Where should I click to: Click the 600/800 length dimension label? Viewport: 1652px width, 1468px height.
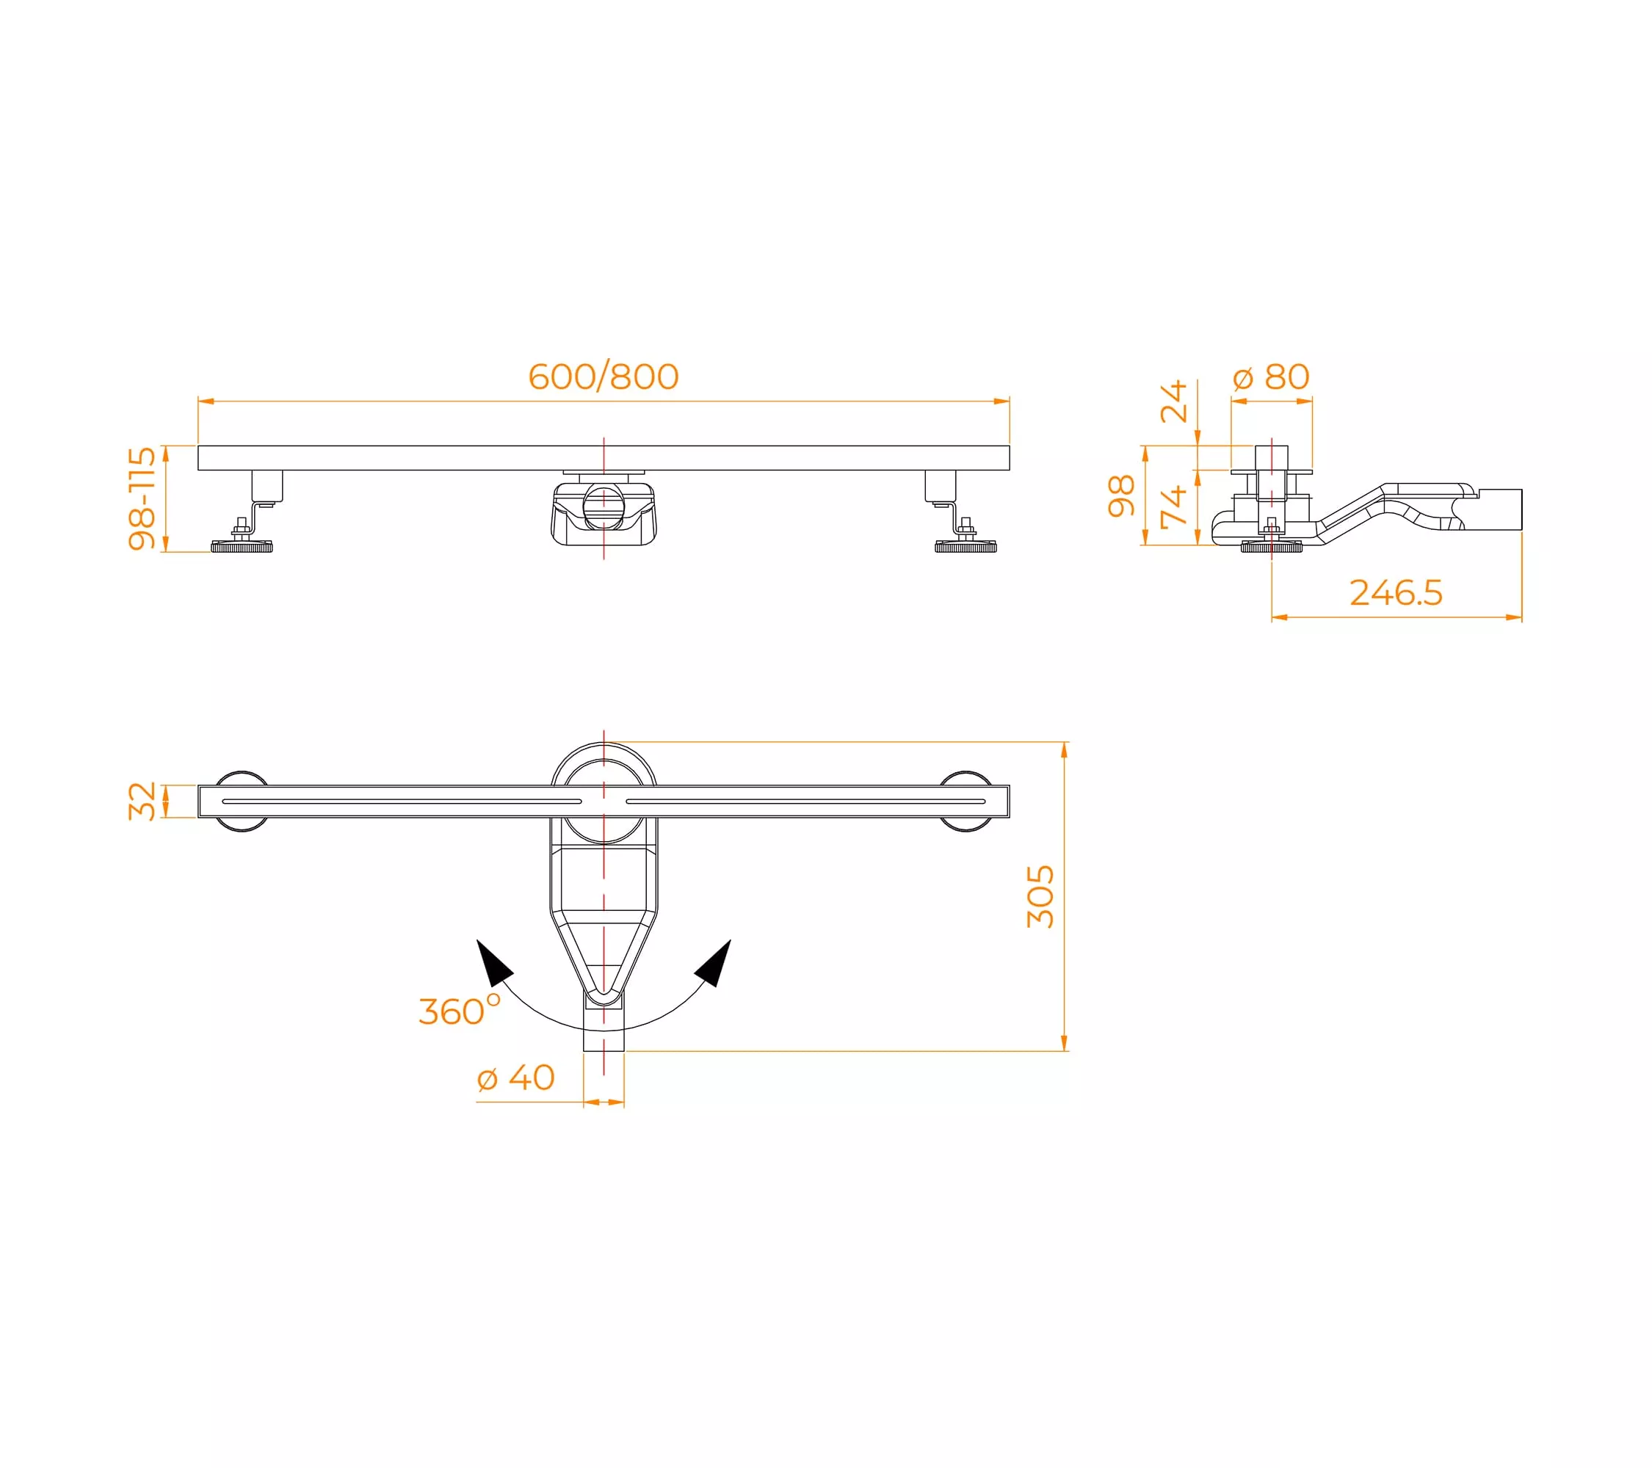(x=603, y=377)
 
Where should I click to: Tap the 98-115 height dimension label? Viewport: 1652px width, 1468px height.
(x=142, y=498)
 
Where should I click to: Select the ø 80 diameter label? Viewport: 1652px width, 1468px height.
(x=1272, y=377)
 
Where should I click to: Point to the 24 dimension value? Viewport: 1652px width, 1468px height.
(x=1173, y=401)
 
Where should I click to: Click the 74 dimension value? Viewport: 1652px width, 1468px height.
(x=1173, y=506)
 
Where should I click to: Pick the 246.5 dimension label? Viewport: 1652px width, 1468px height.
(x=1396, y=592)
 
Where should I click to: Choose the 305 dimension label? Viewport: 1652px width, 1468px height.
(x=1040, y=897)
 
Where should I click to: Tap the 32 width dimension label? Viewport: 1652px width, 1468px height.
(x=142, y=801)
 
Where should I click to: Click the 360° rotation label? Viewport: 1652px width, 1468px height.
(x=459, y=1010)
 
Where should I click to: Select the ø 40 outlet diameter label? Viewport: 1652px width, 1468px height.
(x=515, y=1077)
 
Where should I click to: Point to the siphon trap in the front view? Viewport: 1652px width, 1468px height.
(x=604, y=514)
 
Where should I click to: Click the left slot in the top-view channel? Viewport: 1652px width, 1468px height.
(x=402, y=802)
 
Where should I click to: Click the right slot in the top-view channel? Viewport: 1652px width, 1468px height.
(x=805, y=802)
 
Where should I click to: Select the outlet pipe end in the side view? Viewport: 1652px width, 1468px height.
(x=1500, y=510)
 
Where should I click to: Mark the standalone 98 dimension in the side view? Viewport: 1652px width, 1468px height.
(x=1121, y=495)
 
